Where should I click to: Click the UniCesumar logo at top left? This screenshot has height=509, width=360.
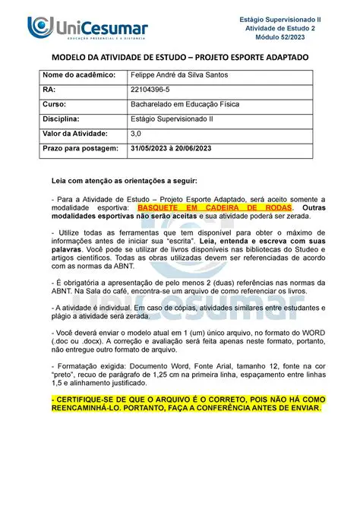[x=87, y=29]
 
